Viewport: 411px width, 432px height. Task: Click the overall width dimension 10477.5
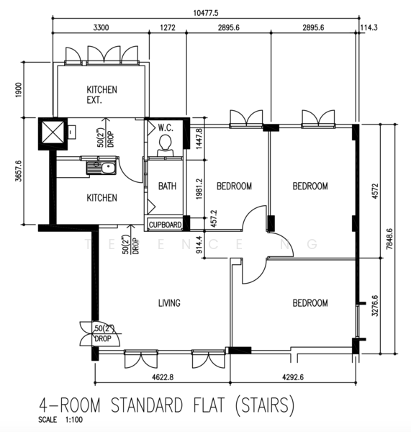[206, 13]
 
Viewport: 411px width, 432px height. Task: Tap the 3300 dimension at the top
[101, 27]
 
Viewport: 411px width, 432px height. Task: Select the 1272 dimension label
[168, 27]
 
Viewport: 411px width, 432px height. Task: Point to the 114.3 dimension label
[369, 27]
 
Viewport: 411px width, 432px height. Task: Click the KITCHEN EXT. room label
[101, 94]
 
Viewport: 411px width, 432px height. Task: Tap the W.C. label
[166, 127]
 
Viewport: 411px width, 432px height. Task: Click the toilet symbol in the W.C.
[166, 146]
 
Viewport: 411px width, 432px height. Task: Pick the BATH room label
[167, 186]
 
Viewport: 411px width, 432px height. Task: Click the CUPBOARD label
[165, 225]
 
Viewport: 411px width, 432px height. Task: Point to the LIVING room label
[169, 303]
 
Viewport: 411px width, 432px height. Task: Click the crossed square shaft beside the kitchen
[53, 134]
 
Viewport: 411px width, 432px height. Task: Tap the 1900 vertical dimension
[19, 90]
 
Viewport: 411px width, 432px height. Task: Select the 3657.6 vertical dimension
[19, 171]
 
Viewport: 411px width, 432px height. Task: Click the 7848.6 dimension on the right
[389, 239]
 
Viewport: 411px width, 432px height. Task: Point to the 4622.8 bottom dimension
[163, 377]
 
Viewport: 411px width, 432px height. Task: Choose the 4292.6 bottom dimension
[293, 377]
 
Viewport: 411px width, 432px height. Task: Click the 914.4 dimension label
[199, 244]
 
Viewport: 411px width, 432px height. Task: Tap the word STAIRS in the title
[265, 405]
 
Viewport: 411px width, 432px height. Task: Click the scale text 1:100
[74, 420]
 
